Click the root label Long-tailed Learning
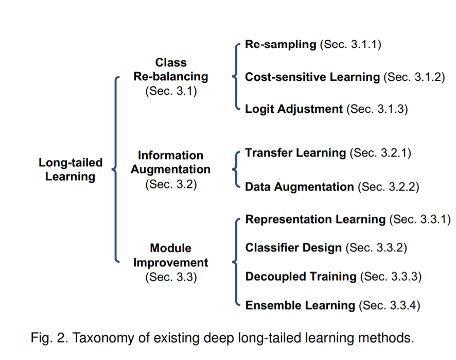71,169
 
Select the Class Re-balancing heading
171,70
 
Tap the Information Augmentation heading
170,162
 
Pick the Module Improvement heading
171,255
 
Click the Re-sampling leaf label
280,44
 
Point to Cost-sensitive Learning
312,77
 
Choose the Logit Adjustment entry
294,109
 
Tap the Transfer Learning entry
295,153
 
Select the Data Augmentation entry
300,186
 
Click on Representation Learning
315,220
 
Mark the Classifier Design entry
293,248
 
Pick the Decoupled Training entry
301,277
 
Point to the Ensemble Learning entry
300,305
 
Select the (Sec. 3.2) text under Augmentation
171,183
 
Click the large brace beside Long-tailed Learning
115,169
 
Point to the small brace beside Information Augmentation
236,169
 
